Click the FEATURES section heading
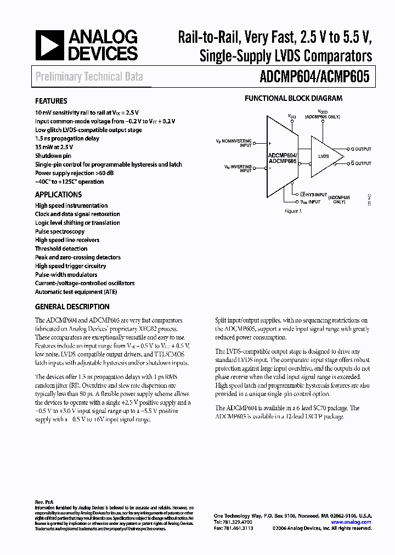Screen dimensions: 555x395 click(51, 101)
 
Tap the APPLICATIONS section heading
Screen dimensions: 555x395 click(58, 195)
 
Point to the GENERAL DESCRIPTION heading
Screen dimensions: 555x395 click(72, 307)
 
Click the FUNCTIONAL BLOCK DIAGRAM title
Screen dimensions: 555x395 click(293, 99)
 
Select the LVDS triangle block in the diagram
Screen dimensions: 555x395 click(325, 157)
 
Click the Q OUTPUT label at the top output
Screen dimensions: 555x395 click(360, 149)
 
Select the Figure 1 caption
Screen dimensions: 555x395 click(294, 211)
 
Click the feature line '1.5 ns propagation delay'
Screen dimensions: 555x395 click(67, 139)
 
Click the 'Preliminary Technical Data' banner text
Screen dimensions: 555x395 click(89, 77)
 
